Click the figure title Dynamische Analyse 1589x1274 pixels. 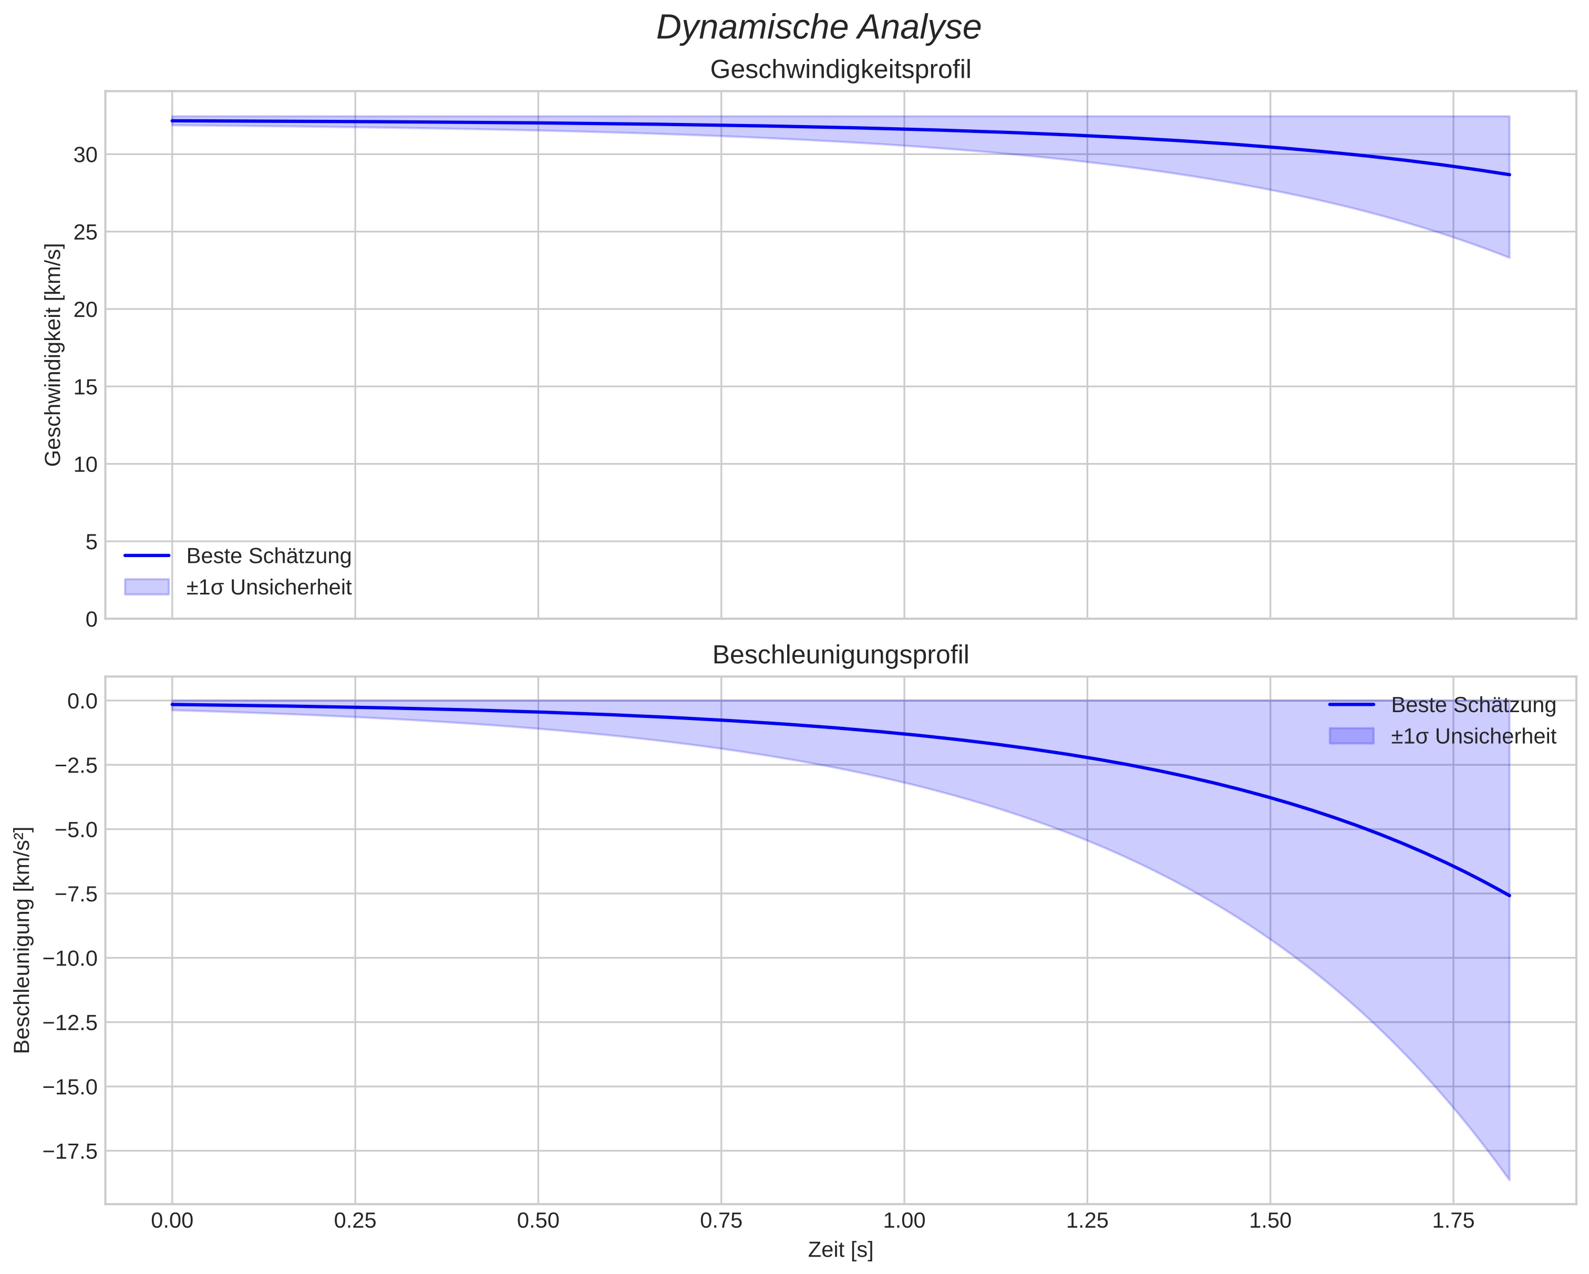pyautogui.click(x=818, y=28)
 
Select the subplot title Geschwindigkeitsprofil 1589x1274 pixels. pyautogui.click(x=840, y=70)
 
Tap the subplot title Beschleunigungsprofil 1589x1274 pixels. pyautogui.click(x=840, y=655)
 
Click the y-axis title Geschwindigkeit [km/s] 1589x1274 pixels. pyautogui.click(x=53, y=355)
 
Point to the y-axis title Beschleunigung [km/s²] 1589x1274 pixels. pyautogui.click(x=22, y=940)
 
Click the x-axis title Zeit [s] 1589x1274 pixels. pyautogui.click(x=840, y=1250)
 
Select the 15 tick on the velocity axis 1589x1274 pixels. pyautogui.click(x=86, y=387)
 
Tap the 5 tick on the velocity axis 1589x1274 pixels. pyautogui.click(x=91, y=542)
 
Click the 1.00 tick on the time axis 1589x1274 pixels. pyautogui.click(x=904, y=1221)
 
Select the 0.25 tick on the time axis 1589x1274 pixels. pyautogui.click(x=355, y=1221)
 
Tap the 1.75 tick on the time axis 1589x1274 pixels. pyautogui.click(x=1453, y=1221)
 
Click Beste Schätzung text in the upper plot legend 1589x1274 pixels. pyautogui.click(x=269, y=556)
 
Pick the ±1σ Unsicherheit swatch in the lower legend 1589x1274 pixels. pyautogui.click(x=1351, y=736)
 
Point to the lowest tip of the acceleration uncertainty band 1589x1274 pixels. pyautogui.click(x=1509, y=1179)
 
